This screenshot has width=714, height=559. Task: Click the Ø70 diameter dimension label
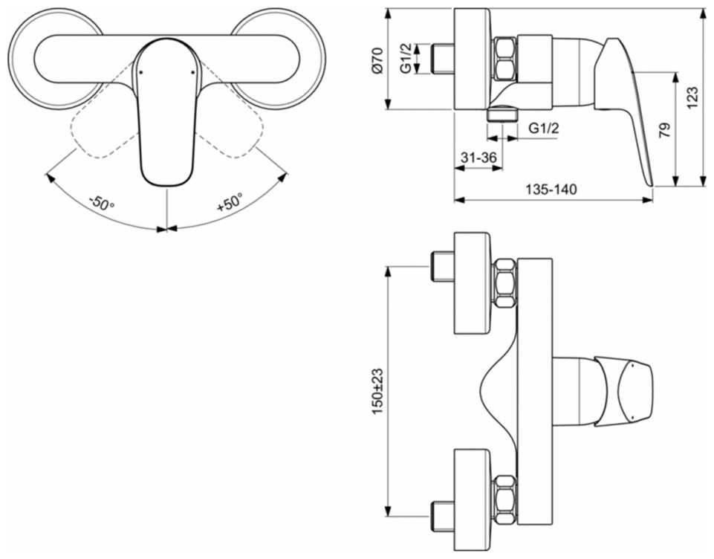377,59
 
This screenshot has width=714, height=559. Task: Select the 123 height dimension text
691,97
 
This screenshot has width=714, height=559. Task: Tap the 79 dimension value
664,130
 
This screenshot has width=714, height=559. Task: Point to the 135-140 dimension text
551,189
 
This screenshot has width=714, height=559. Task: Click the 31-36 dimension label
478,157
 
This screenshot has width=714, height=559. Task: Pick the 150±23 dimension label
377,391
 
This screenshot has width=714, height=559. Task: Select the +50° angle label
230,202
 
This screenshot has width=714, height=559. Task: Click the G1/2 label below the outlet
543,128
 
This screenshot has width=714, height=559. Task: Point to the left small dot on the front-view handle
140,72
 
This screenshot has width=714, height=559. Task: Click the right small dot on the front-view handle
192,72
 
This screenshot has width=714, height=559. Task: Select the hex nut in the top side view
505,59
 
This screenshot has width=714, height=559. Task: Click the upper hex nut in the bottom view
505,282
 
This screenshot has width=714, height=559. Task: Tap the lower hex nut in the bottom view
505,500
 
